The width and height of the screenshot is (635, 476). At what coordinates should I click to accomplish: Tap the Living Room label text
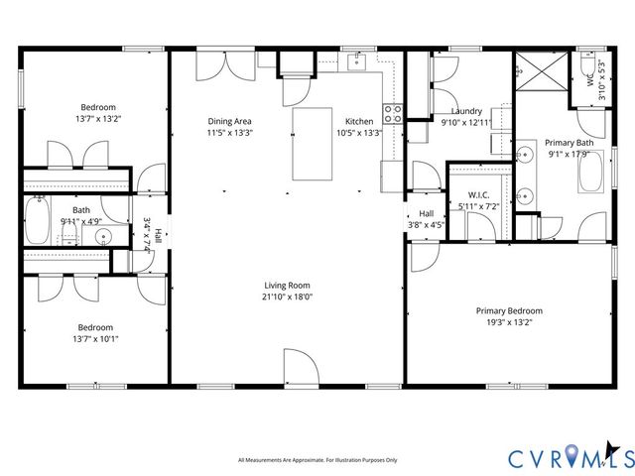287,286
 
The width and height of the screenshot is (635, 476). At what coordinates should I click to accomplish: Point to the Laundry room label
466,111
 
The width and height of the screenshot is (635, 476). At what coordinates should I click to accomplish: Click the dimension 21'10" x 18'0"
287,297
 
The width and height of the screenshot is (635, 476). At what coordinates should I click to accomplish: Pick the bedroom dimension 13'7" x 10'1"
96,338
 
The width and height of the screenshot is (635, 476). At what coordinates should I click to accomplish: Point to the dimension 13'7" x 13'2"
98,118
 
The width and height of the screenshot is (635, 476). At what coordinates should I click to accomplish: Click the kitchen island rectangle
311,144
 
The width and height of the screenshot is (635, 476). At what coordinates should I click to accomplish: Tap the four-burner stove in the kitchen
393,113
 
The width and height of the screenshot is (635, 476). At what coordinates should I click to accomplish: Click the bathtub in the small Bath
38,221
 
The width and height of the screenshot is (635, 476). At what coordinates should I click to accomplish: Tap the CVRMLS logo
571,458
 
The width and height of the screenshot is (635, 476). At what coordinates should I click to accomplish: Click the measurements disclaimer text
317,460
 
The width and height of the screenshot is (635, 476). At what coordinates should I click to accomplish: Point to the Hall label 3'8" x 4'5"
427,218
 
